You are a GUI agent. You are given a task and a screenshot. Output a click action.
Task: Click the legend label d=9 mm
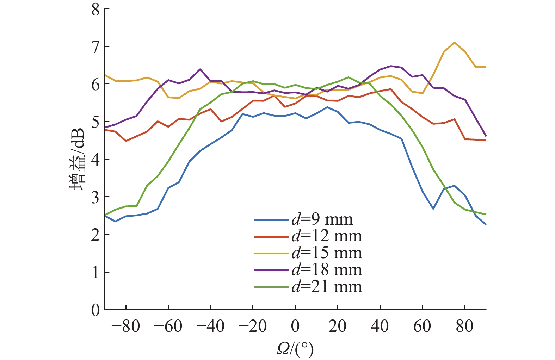(322, 219)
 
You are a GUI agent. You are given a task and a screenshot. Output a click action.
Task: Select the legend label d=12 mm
(327, 236)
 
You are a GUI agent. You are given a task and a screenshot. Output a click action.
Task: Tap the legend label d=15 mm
(327, 253)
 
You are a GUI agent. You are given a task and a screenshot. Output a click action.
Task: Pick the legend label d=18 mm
(327, 270)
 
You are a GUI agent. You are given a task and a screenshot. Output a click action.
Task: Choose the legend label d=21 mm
(327, 287)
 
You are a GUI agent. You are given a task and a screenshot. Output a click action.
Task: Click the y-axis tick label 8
(95, 10)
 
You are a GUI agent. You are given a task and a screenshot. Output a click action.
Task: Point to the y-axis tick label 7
(95, 47)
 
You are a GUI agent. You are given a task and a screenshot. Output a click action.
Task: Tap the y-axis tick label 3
(95, 197)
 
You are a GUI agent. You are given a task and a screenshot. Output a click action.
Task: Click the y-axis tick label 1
(95, 272)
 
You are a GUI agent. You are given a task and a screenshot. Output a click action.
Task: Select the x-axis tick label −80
(125, 327)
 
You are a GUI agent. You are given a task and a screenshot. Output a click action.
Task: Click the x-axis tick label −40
(210, 327)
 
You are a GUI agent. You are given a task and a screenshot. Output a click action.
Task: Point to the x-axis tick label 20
(338, 327)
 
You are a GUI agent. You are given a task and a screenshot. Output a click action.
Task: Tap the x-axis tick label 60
(422, 327)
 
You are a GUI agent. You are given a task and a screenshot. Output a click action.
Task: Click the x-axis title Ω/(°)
(295, 349)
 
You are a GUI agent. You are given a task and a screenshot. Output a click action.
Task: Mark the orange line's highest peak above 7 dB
(455, 43)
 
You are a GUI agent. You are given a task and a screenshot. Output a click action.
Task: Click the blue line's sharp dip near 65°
(433, 209)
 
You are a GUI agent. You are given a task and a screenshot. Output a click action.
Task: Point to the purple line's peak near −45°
(200, 69)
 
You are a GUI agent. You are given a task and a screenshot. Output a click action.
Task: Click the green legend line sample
(271, 287)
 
